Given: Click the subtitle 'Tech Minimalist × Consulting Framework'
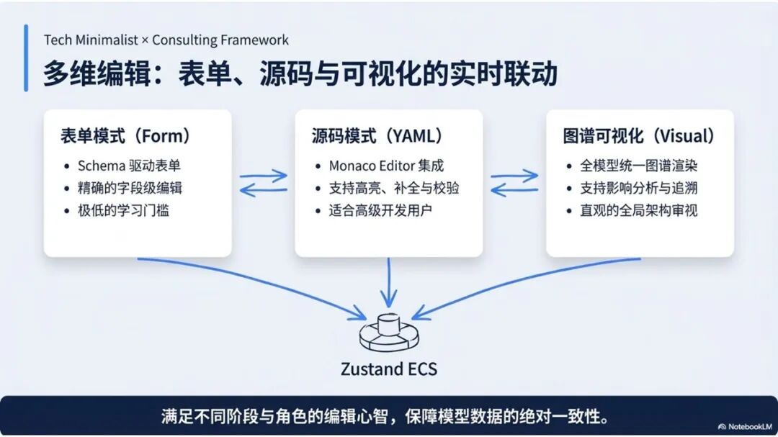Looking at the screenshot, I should pyautogui.click(x=166, y=40).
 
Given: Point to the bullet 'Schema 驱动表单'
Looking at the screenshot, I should pyautogui.click(x=129, y=166).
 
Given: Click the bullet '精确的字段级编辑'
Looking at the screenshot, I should pyautogui.click(x=130, y=189).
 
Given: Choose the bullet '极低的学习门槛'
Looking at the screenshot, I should pyautogui.click(x=123, y=211).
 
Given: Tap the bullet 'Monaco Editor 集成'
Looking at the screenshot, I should pyautogui.click(x=385, y=166).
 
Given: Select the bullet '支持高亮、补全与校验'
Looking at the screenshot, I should pyautogui.click(x=394, y=189).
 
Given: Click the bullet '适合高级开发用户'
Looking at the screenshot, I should pyautogui.click(x=380, y=211).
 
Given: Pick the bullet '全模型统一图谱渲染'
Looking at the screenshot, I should pyautogui.click(x=638, y=166).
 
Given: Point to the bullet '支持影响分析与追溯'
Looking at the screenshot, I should pyautogui.click(x=638, y=189).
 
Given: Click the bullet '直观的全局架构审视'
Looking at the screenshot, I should pyautogui.click(x=638, y=211).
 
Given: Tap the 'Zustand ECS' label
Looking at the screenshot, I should pyautogui.click(x=388, y=370).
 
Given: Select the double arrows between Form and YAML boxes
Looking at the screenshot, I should pyautogui.click(x=263, y=183).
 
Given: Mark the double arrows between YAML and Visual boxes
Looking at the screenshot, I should pyautogui.click(x=514, y=183).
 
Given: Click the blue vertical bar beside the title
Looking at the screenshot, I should pyautogui.click(x=26, y=58).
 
